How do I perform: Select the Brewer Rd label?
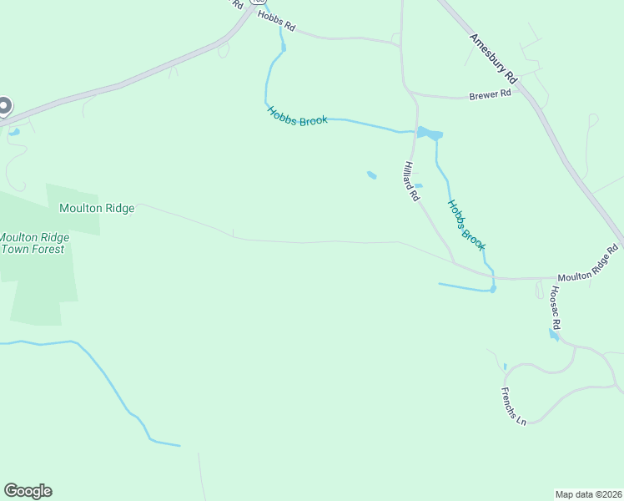pyautogui.click(x=491, y=94)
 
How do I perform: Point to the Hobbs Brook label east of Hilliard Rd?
pyautogui.click(x=465, y=224)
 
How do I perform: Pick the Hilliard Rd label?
pyautogui.click(x=411, y=182)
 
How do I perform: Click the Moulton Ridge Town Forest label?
pyautogui.click(x=34, y=243)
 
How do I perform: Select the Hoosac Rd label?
pyautogui.click(x=556, y=306)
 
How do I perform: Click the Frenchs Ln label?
pyautogui.click(x=514, y=406)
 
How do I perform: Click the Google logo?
pyautogui.click(x=28, y=491)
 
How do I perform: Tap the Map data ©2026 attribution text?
pyautogui.click(x=587, y=493)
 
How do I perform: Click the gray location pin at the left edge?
pyautogui.click(x=4, y=107)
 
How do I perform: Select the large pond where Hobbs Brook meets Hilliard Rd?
pyautogui.click(x=429, y=134)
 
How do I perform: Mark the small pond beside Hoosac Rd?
pyautogui.click(x=552, y=335)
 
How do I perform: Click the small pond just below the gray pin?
pyautogui.click(x=13, y=131)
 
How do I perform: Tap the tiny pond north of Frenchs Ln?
pyautogui.click(x=505, y=367)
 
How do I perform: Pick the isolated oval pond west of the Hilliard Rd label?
pyautogui.click(x=371, y=175)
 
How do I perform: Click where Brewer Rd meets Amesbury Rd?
pyautogui.click(x=519, y=88)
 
